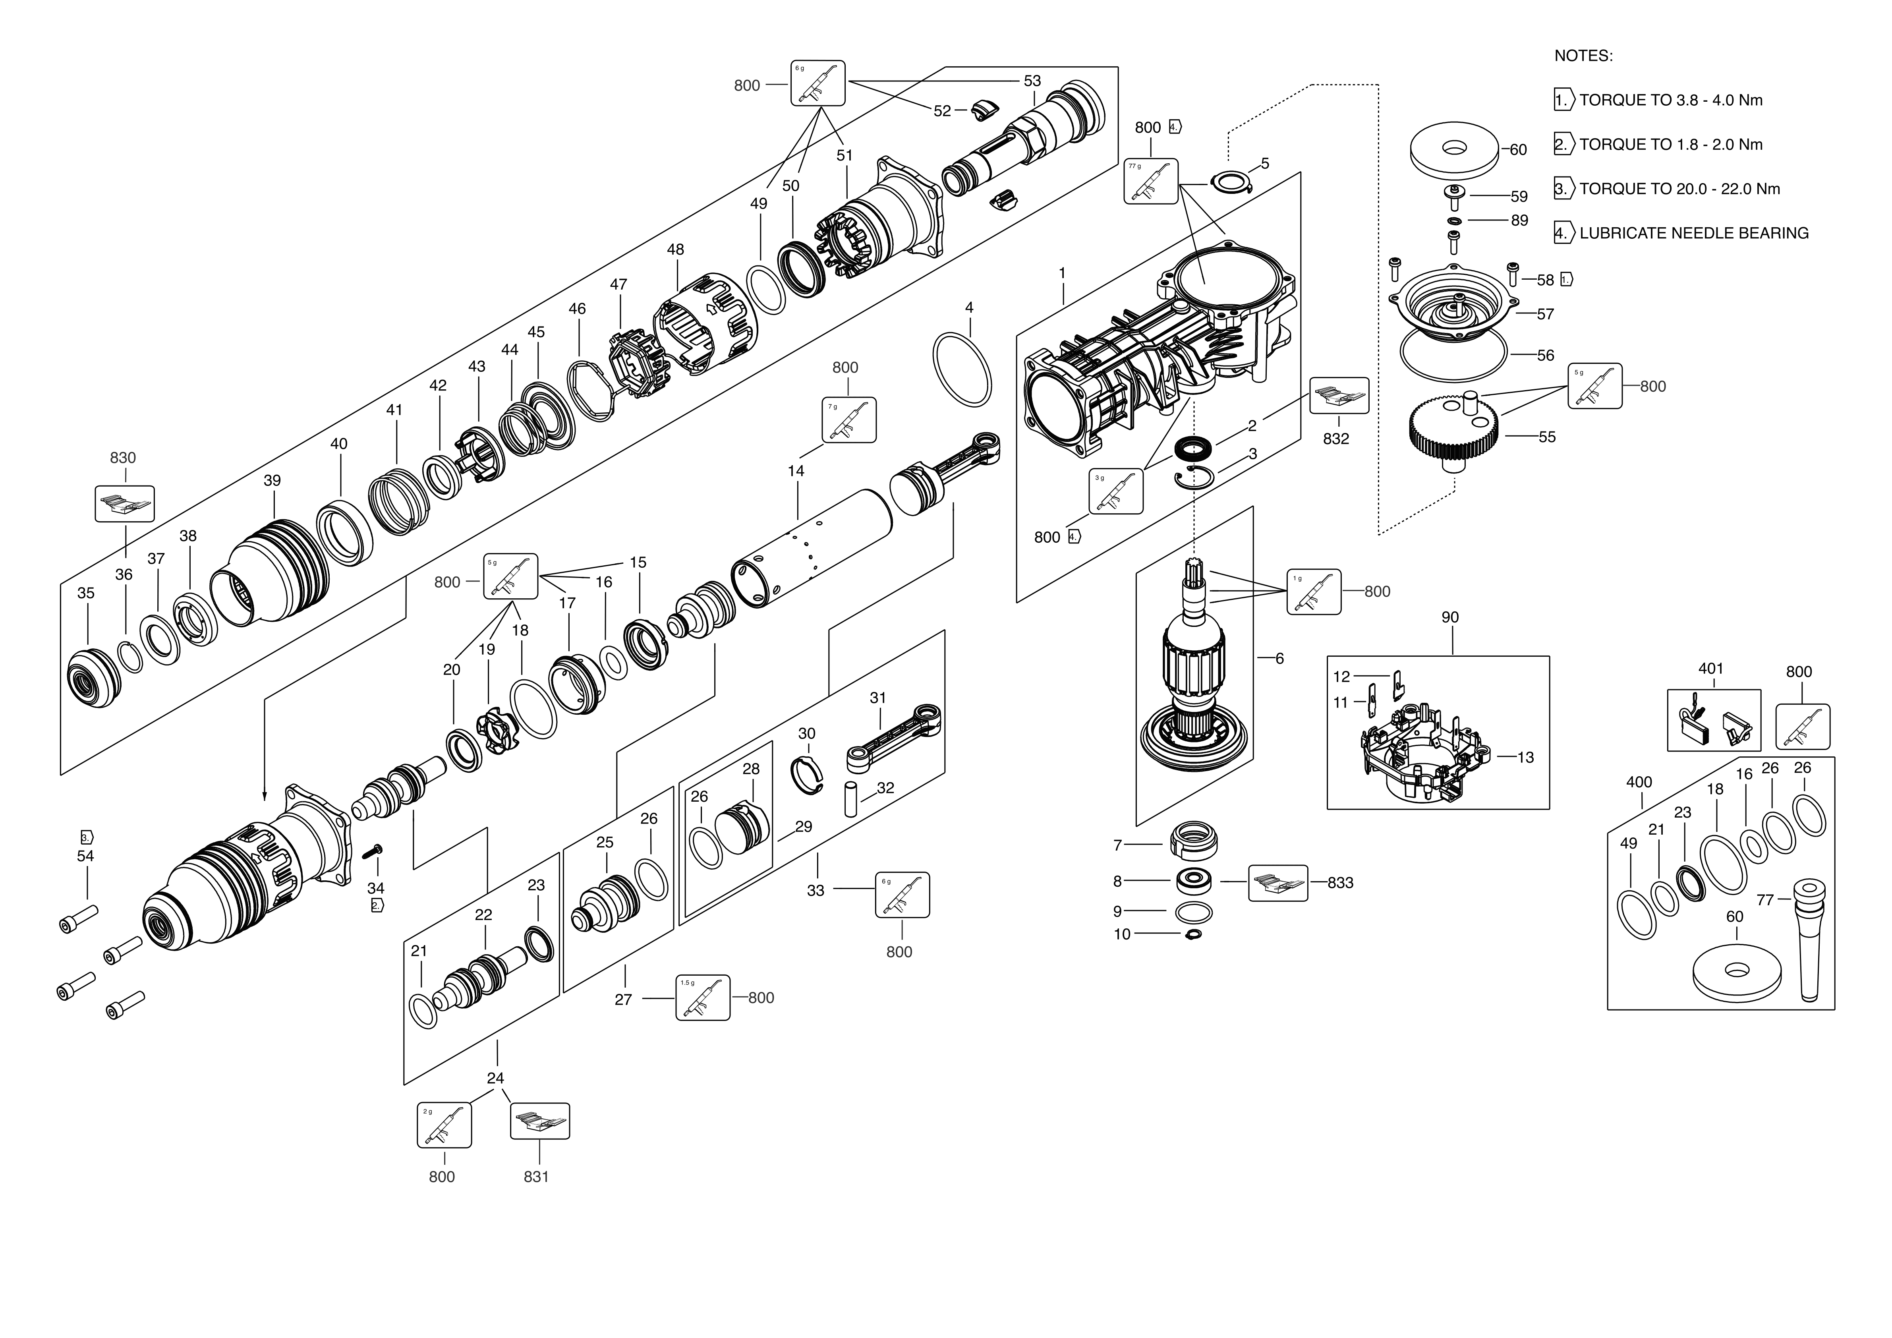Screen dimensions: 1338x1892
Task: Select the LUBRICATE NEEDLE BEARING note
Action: click(1693, 233)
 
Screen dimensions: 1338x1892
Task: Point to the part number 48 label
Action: click(676, 249)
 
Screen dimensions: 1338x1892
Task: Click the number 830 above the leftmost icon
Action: click(123, 458)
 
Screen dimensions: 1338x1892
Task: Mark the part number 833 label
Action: click(1341, 882)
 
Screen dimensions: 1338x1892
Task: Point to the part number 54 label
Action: click(86, 856)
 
